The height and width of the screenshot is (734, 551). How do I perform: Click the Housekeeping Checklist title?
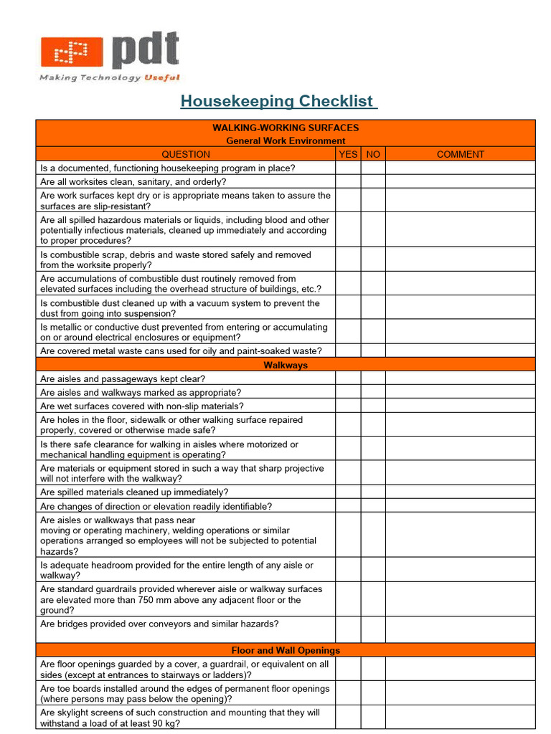coord(278,101)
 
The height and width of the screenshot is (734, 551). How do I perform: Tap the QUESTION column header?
coord(185,154)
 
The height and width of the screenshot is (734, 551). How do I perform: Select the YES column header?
coord(348,154)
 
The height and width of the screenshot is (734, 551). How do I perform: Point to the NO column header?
coord(373,154)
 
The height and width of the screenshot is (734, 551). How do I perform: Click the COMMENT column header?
coord(460,154)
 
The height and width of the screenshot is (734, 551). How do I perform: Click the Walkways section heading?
coord(286,365)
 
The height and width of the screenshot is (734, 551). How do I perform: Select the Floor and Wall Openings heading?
coord(286,650)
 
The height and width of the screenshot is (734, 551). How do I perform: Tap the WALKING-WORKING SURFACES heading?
coord(286,128)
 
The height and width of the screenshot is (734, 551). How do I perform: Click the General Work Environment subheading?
coord(286,140)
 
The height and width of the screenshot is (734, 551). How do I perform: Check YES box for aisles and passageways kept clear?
coord(348,378)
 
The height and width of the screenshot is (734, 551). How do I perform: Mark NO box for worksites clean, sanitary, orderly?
coord(373,182)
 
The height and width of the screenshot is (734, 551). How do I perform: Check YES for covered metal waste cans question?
coord(348,351)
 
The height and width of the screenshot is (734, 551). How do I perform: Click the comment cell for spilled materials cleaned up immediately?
coord(460,492)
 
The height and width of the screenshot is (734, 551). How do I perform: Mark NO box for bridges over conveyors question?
coord(373,629)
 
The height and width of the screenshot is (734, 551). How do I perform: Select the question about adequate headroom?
coord(176,570)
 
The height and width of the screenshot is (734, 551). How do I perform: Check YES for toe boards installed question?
coord(348,693)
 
